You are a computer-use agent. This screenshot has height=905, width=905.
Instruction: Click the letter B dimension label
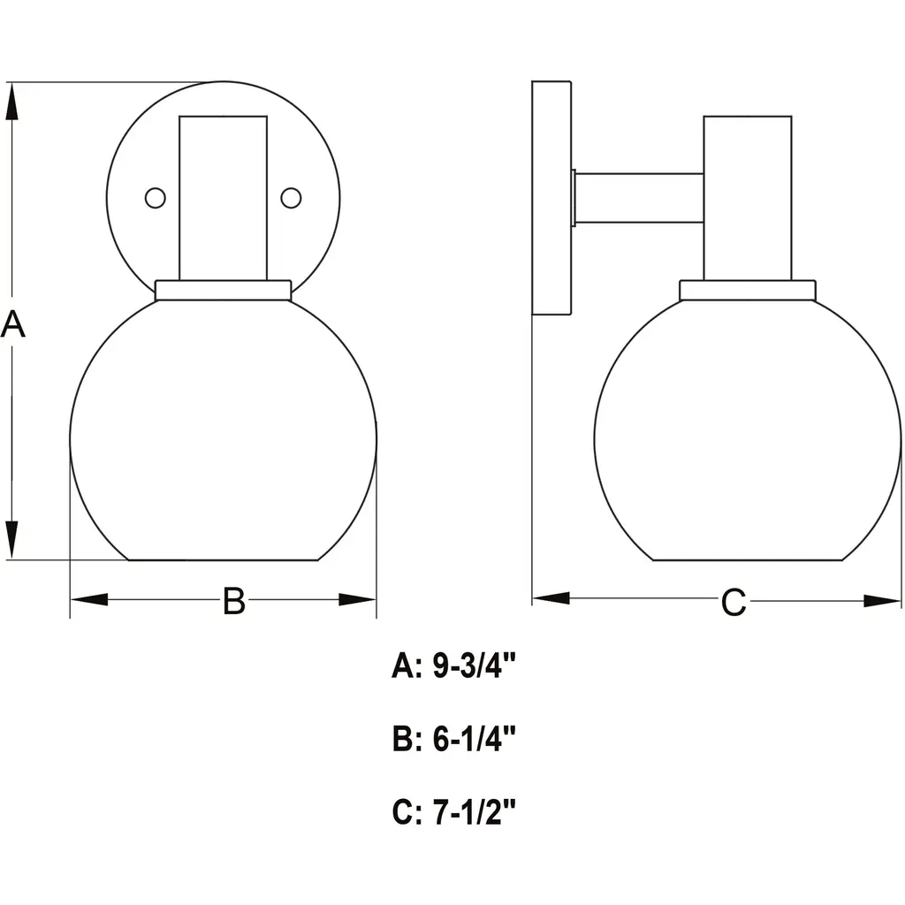coord(233,601)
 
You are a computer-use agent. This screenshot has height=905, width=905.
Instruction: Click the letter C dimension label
coord(733,603)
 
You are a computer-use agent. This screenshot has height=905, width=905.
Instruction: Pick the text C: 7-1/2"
coord(453,812)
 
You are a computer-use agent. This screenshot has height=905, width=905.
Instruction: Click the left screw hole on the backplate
coord(156,198)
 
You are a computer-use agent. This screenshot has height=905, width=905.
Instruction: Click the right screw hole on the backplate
coord(291,198)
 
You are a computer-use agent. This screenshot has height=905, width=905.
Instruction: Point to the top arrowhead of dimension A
coord(11,102)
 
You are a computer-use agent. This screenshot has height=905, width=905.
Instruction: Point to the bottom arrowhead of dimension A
coord(11,540)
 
